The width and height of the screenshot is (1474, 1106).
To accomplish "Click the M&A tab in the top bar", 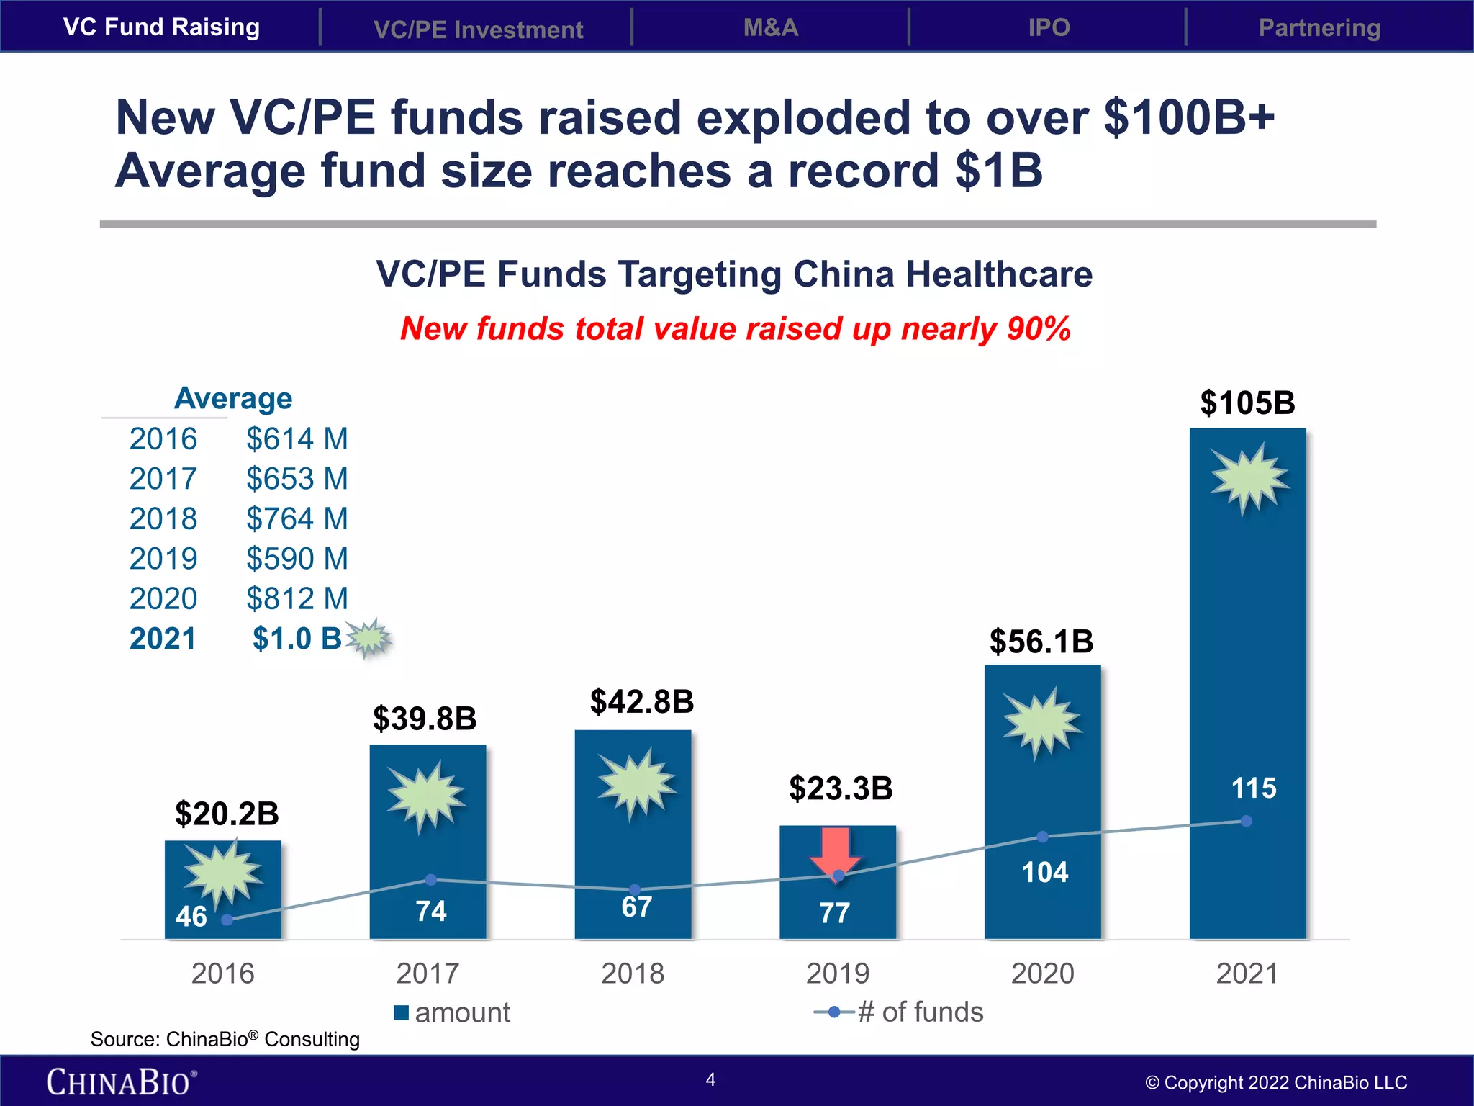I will (770, 27).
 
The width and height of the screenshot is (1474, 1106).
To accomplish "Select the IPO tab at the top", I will (1049, 27).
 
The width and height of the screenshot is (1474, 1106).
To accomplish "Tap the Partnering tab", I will (1319, 27).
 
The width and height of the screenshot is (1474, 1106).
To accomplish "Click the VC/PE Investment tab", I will (478, 30).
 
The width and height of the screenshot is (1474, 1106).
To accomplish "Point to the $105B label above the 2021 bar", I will (1247, 403).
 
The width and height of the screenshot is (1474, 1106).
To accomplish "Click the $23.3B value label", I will (841, 788).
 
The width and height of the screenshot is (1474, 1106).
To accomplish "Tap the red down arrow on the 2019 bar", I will (835, 853).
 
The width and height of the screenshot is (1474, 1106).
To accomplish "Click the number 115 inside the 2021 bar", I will (1254, 788).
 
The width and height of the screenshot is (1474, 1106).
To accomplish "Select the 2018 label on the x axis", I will (633, 974).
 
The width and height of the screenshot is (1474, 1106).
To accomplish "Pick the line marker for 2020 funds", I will (1042, 837).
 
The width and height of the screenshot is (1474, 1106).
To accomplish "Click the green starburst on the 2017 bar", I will (427, 795).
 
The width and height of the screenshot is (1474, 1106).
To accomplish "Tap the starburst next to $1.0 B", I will (369, 638).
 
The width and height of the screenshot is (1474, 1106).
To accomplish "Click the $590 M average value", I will (297, 558).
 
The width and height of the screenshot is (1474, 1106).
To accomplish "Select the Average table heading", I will (233, 398).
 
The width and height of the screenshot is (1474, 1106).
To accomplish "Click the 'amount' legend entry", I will (453, 1012).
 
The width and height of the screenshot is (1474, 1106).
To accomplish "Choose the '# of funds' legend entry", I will (900, 1012).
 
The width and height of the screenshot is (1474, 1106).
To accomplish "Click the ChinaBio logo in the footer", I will (121, 1082).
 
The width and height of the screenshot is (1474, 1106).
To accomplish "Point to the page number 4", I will (710, 1079).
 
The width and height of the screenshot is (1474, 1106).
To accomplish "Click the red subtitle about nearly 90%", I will (736, 328).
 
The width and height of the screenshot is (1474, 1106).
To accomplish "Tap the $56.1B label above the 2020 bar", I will (1041, 641).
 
